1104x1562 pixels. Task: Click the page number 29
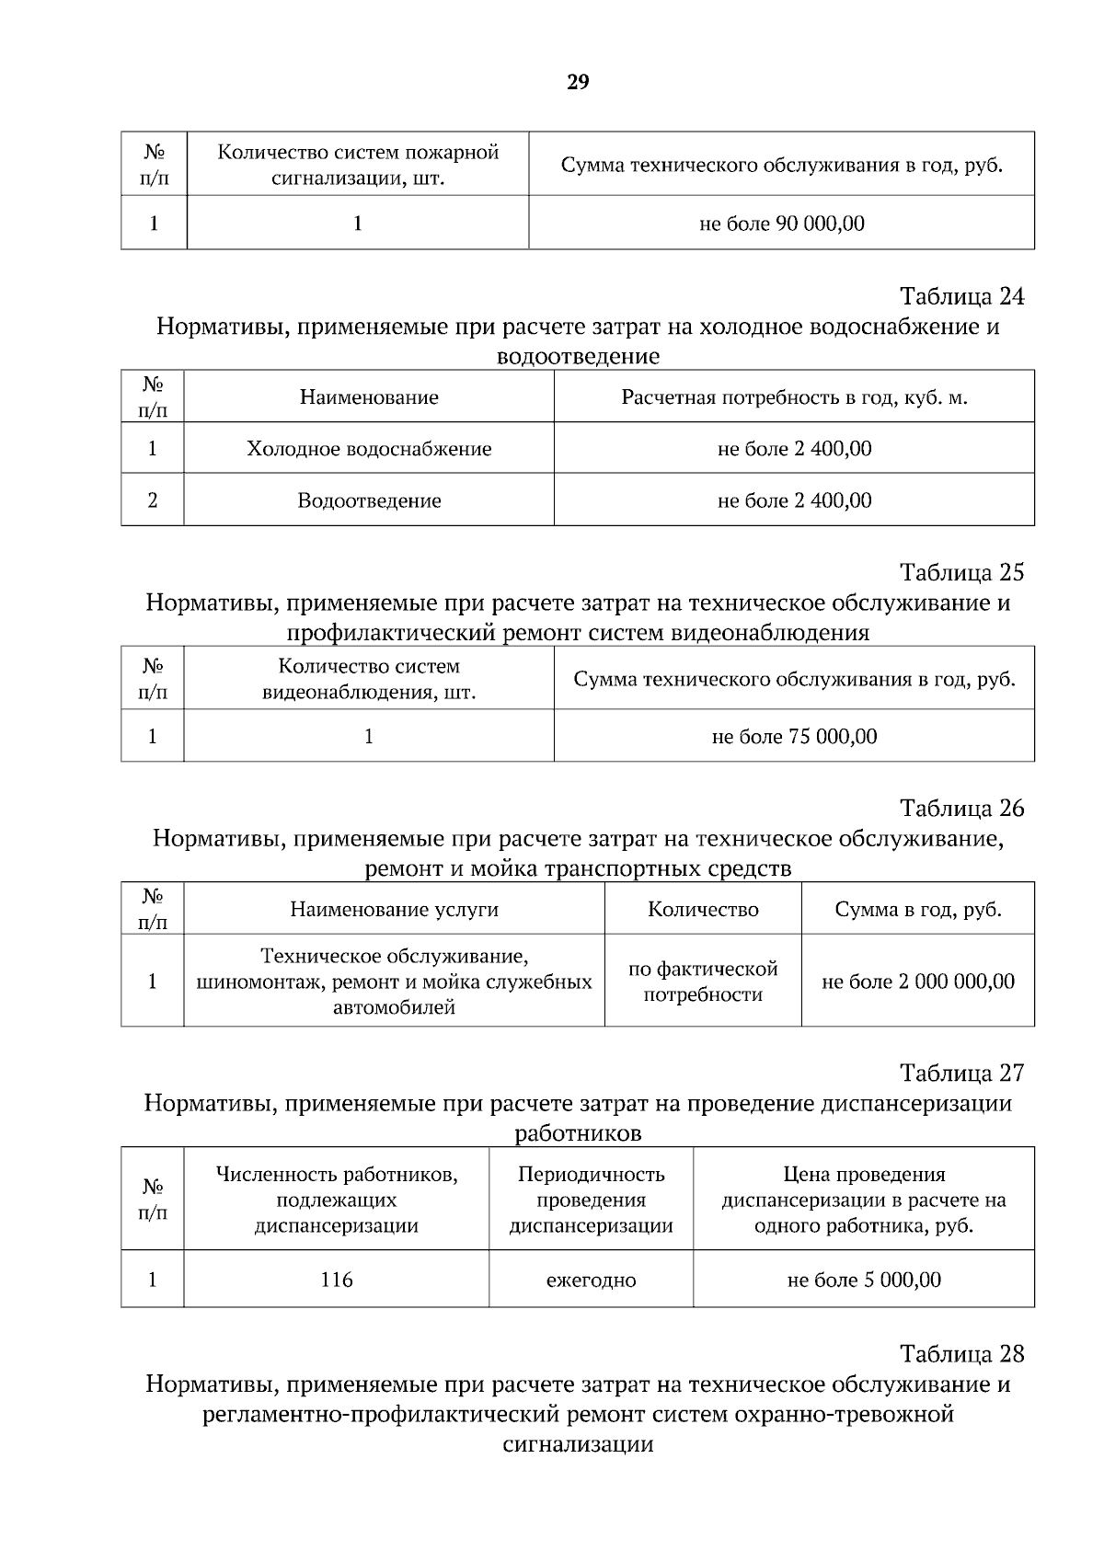(x=578, y=83)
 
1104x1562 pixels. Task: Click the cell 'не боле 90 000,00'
(x=782, y=224)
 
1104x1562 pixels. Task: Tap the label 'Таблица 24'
(x=961, y=296)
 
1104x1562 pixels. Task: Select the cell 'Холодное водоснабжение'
(x=369, y=449)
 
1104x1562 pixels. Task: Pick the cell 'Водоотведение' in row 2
(x=369, y=500)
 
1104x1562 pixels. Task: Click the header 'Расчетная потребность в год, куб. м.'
(x=794, y=397)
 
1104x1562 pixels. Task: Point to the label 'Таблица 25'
(x=961, y=572)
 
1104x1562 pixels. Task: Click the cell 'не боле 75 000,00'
(x=794, y=737)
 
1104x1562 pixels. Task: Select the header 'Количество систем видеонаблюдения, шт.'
(x=369, y=679)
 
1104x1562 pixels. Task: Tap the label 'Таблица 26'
(x=961, y=808)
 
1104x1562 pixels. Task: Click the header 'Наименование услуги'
(x=395, y=910)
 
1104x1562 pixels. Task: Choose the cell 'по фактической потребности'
(x=703, y=982)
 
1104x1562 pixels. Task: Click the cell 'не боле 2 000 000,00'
(x=918, y=982)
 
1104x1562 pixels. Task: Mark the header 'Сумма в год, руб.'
(x=918, y=910)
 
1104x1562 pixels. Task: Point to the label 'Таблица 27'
(x=961, y=1073)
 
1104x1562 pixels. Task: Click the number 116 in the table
(x=337, y=1280)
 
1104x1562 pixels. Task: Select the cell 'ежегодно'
(x=591, y=1280)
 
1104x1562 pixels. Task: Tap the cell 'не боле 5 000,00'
(x=864, y=1280)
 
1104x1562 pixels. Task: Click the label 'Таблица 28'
(x=961, y=1354)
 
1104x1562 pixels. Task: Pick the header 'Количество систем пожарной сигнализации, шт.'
(x=358, y=165)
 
